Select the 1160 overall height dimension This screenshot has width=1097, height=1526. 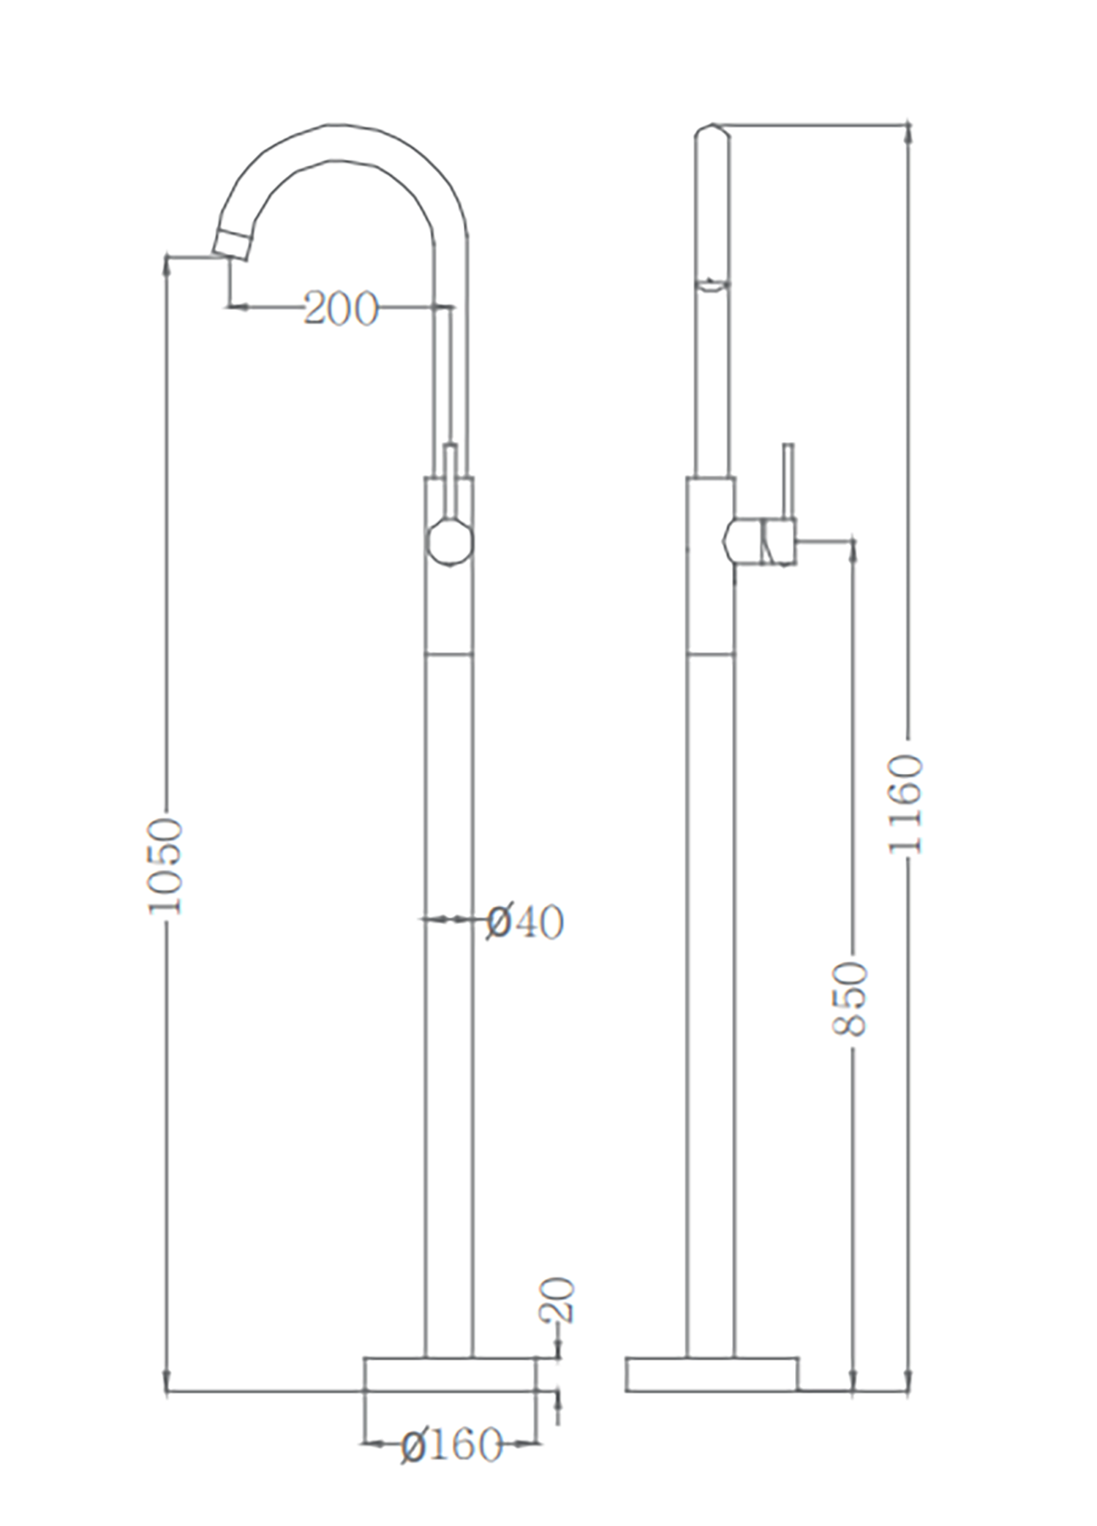[906, 805]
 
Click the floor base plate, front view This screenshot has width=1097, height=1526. [450, 1374]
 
